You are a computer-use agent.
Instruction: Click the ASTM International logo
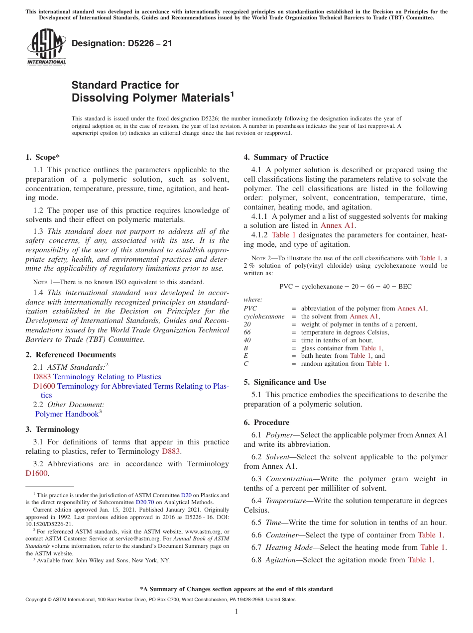tap(46, 47)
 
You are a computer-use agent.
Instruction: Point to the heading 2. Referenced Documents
tap(71, 355)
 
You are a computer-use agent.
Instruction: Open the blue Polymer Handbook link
tap(67, 414)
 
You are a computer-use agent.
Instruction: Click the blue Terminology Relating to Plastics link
tap(107, 377)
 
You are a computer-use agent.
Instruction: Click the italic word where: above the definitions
tap(252, 300)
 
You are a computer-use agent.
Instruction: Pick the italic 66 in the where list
tap(247, 332)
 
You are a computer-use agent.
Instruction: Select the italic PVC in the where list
tap(250, 309)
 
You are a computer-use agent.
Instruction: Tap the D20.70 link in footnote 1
tap(143, 503)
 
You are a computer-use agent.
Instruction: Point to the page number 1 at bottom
tap(236, 612)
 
